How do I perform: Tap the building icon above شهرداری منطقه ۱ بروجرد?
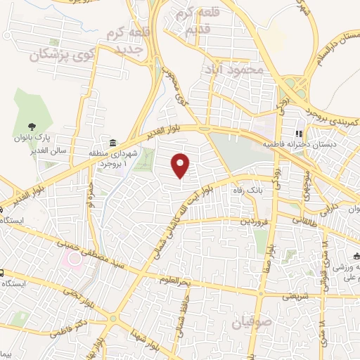(x=112, y=141)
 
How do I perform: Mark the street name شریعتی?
(x=296, y=297)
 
